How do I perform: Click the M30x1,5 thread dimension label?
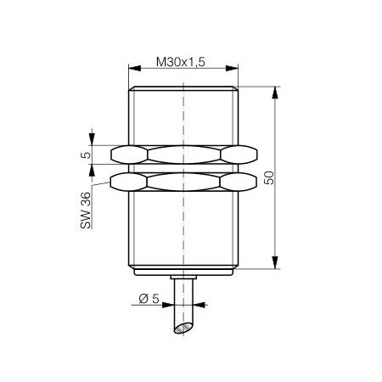(181, 62)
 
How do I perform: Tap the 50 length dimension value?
(269, 178)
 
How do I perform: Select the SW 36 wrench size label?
(86, 211)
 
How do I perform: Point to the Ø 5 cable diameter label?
(149, 299)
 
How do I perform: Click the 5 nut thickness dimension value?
(87, 154)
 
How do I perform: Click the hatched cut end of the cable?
(183, 328)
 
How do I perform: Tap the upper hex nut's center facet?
(184, 154)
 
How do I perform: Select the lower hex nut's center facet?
(183, 182)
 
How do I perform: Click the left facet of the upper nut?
(129, 154)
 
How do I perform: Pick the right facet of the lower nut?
(239, 182)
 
